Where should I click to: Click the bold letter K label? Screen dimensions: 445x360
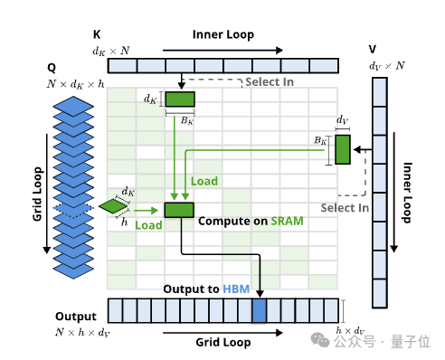[x=97, y=34]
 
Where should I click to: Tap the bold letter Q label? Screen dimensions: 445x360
[x=52, y=68]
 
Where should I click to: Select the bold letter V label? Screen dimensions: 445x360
[x=373, y=49]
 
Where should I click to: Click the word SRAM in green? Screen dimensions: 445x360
[x=287, y=221]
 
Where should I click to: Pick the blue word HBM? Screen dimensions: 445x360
[x=236, y=289]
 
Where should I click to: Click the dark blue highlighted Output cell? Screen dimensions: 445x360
[x=260, y=310]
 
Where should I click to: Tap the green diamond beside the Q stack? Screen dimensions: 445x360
[x=113, y=206]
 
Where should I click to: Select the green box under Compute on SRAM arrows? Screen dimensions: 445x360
[x=179, y=210]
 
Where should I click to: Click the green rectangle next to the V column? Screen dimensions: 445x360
[x=343, y=149]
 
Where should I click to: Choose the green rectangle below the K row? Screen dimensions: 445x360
[x=180, y=99]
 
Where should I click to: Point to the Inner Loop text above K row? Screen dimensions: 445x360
[x=223, y=34]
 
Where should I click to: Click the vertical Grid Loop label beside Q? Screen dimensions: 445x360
[x=37, y=194]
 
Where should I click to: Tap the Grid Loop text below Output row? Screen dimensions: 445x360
[x=223, y=343]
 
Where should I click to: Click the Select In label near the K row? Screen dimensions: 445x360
[x=270, y=82]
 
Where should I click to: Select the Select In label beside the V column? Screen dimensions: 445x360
[x=345, y=208]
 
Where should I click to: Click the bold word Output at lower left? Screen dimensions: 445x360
[x=76, y=317]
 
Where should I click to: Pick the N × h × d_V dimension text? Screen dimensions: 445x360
[x=82, y=332]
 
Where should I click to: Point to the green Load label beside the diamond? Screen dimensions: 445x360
[x=148, y=225]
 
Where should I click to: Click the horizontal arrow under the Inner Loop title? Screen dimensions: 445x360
[x=222, y=50]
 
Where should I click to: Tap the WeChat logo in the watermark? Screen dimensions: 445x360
[x=320, y=340]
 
